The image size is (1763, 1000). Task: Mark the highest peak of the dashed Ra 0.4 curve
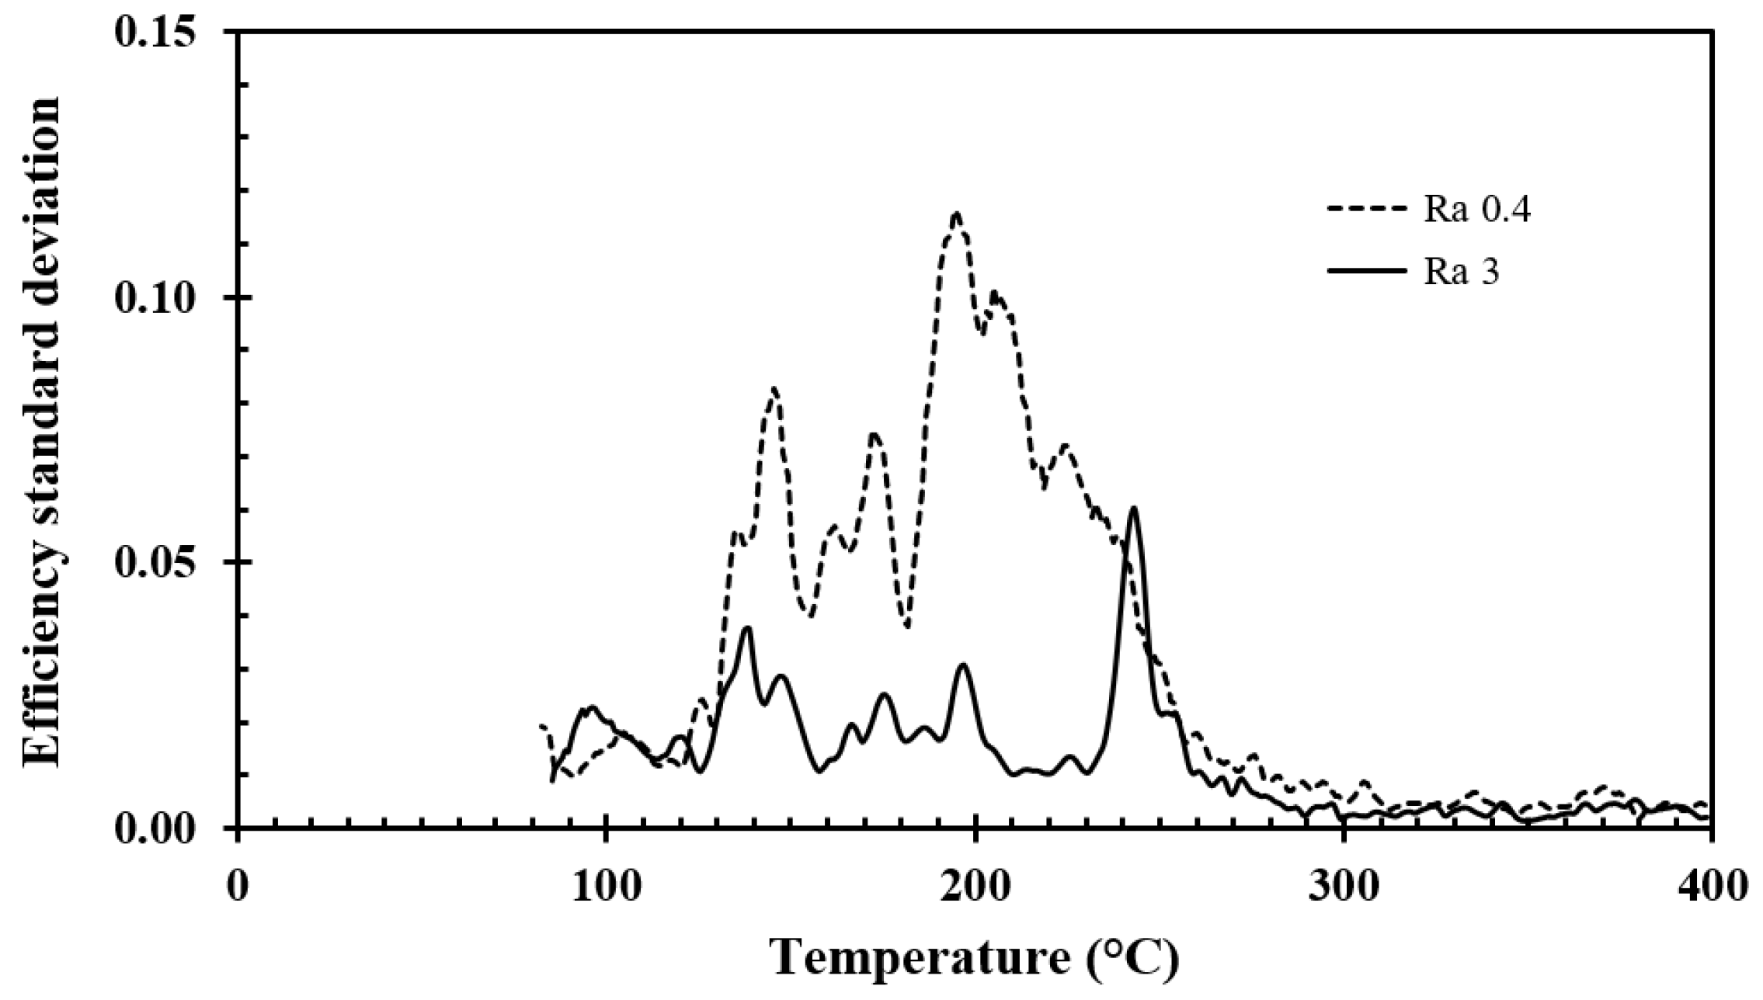[956, 214]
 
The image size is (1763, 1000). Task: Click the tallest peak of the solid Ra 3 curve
[1134, 508]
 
